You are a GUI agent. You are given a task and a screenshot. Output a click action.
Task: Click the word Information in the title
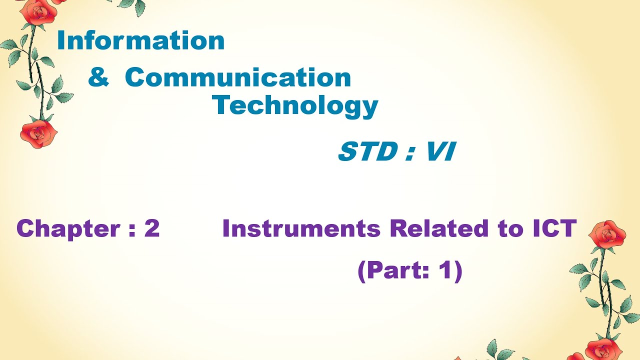pos(140,41)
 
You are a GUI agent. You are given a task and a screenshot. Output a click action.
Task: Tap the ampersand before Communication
pos(98,78)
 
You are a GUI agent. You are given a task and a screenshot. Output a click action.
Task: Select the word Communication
pos(238,78)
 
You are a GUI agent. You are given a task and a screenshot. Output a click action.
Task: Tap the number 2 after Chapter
pos(151,229)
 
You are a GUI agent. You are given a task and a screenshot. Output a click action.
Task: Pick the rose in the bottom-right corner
pos(602,349)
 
